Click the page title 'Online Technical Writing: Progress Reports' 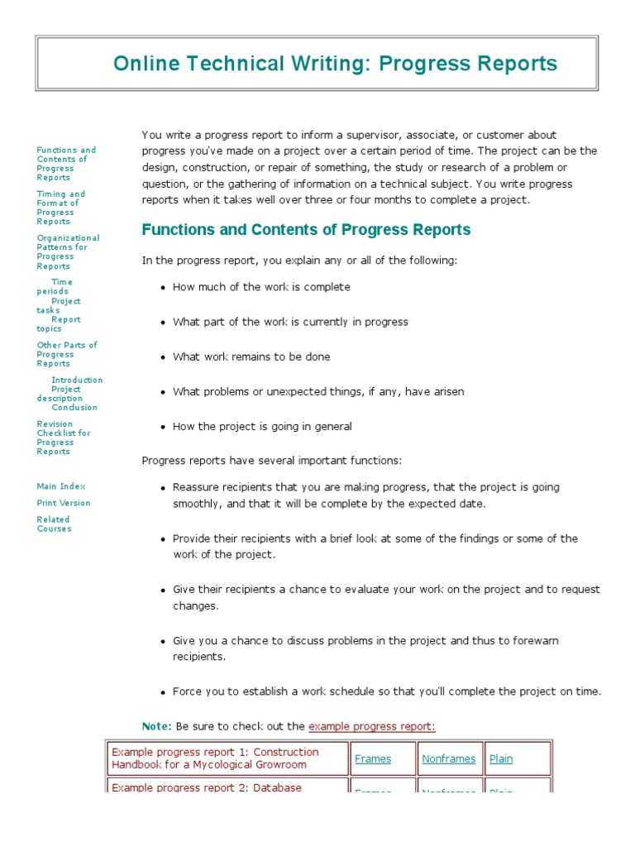click(335, 64)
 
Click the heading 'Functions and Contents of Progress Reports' click(306, 230)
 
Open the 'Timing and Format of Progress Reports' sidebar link click(60, 208)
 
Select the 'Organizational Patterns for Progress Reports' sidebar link click(68, 251)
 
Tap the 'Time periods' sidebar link click(58, 286)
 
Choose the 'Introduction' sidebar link click(77, 380)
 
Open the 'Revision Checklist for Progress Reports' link click(63, 438)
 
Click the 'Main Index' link click(60, 486)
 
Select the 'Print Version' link click(63, 503)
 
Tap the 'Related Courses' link click(54, 524)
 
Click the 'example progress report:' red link click(371, 726)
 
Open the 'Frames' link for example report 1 click(372, 758)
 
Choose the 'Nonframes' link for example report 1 click(448, 758)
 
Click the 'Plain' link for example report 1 click(501, 758)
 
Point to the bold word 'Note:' click(157, 726)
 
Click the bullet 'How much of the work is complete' click(261, 287)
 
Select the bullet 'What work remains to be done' click(251, 357)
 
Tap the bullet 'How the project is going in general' click(262, 427)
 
